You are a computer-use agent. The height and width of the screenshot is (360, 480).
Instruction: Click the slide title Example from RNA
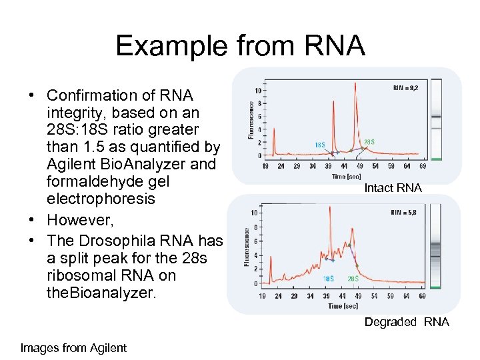click(x=240, y=46)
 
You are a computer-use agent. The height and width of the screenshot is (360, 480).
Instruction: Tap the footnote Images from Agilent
click(x=73, y=347)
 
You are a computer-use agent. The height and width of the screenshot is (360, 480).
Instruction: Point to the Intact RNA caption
click(x=393, y=188)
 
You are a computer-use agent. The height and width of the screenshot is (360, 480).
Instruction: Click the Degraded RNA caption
click(x=407, y=322)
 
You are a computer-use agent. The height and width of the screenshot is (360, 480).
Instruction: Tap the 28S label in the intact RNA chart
click(x=369, y=141)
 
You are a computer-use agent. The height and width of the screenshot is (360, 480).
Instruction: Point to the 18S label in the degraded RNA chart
click(x=328, y=279)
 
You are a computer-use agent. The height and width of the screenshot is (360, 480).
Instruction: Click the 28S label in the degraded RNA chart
click(x=353, y=279)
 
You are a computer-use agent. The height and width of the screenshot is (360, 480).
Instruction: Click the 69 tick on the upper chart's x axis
click(x=423, y=166)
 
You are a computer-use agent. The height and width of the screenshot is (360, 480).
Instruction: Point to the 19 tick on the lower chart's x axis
click(x=262, y=295)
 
